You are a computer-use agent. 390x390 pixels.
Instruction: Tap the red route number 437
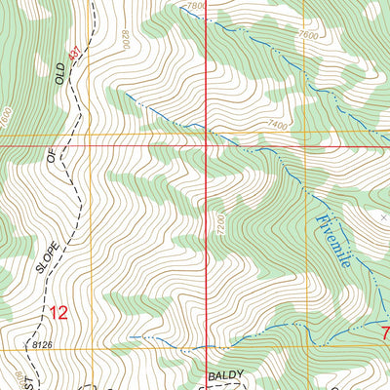(x=74, y=53)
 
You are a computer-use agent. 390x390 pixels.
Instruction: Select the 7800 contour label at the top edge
(x=196, y=6)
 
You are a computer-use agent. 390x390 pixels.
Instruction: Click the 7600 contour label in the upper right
(x=309, y=35)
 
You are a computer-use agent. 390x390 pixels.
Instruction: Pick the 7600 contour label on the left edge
(x=6, y=118)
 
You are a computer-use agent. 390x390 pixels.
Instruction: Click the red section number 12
(x=58, y=312)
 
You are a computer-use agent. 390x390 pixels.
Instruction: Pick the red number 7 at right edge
(x=384, y=332)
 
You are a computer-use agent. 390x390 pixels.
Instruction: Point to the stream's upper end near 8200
(x=124, y=94)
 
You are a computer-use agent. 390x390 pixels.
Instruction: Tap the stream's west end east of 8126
(x=130, y=337)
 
